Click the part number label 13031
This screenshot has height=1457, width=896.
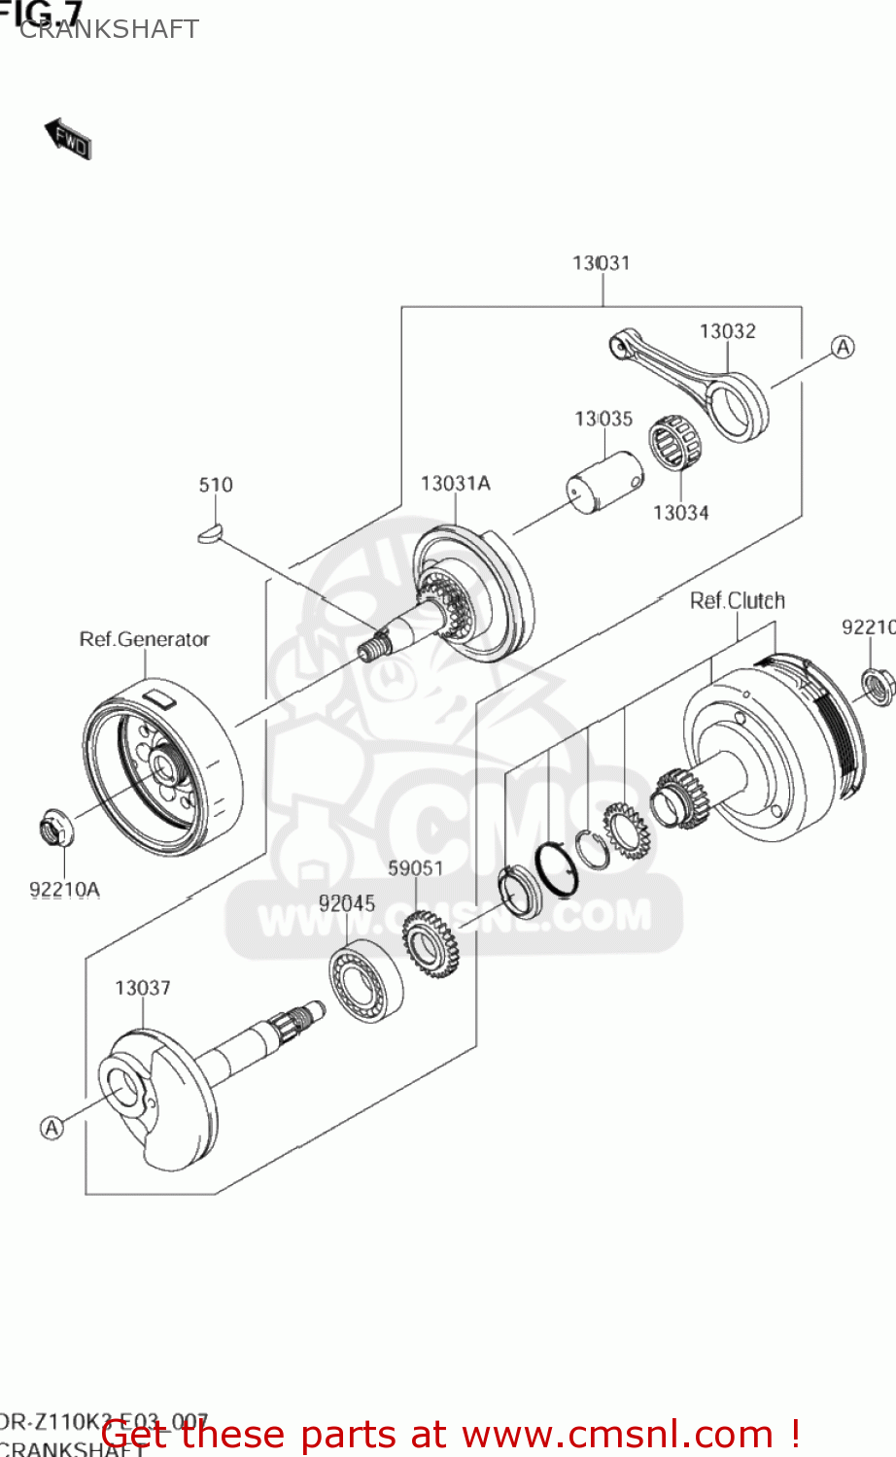coord(601,263)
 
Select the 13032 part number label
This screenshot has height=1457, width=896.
coord(727,331)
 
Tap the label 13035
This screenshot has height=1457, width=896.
coord(603,419)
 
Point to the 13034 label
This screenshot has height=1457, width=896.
coord(680,513)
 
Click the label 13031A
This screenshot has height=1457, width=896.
coord(455,484)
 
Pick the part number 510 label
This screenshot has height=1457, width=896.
coord(216,485)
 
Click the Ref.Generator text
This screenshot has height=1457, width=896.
coord(144,639)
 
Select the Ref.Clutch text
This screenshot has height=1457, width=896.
coord(737,600)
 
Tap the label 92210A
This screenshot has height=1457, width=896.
coord(64,889)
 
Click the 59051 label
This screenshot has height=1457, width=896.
coord(415,867)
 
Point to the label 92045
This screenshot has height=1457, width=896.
coord(346,903)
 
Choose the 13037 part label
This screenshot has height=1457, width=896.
coord(142,988)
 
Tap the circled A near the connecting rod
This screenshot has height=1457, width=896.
coord(843,347)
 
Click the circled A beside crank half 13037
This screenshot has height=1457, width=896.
coord(52,1127)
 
